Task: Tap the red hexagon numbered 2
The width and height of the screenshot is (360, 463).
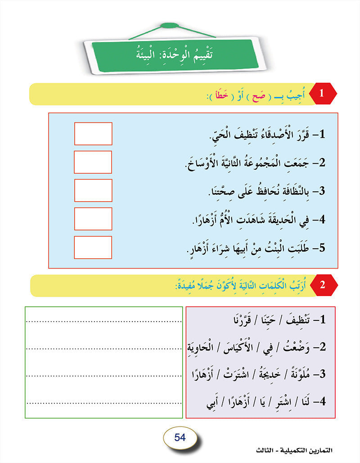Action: (x=322, y=285)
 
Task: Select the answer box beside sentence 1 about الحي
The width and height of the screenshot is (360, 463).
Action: (x=93, y=134)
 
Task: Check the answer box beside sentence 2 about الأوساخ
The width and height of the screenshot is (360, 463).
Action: (x=93, y=162)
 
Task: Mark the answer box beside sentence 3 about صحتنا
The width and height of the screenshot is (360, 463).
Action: (x=93, y=190)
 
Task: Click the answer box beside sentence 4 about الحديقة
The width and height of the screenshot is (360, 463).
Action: (x=93, y=219)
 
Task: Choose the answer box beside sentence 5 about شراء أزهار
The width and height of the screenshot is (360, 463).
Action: (x=93, y=247)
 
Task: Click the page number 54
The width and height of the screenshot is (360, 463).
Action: (x=180, y=436)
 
